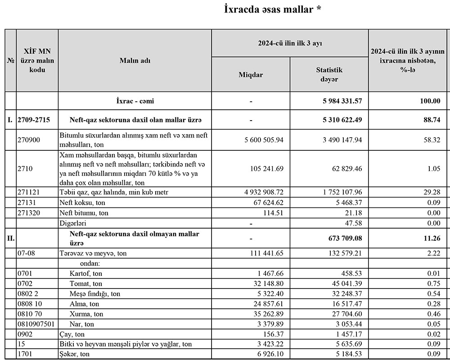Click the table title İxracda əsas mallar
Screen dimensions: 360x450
tap(273, 9)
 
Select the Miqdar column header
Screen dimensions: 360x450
tap(251, 75)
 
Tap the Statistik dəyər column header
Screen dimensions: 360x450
tap(329, 75)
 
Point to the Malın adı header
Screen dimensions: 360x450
tap(135, 61)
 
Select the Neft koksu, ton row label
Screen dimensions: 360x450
tap(82, 202)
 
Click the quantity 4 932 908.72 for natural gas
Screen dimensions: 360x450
tap(258, 192)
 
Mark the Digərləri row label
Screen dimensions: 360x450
tap(73, 223)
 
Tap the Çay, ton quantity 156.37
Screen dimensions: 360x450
tap(271, 334)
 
